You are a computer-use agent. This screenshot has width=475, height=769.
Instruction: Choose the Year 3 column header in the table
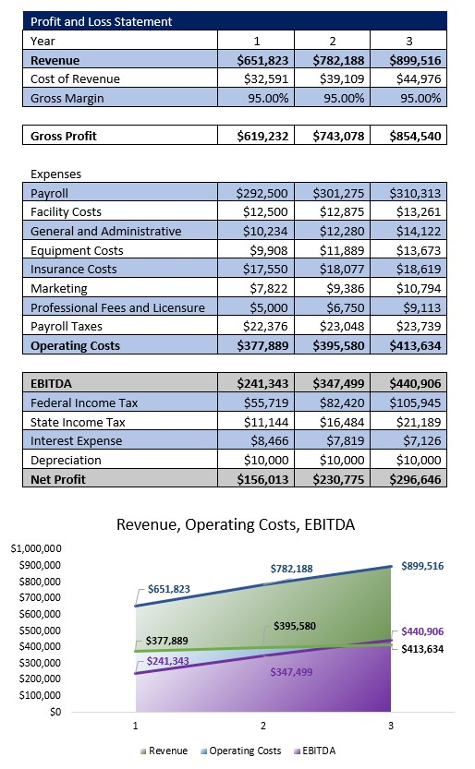click(408, 41)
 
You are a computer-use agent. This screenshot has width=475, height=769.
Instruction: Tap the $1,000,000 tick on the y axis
click(35, 548)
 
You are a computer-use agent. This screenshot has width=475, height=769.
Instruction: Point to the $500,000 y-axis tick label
click(38, 631)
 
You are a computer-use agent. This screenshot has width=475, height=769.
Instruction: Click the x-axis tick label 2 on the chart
click(262, 727)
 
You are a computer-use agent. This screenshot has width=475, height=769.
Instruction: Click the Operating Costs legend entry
click(242, 751)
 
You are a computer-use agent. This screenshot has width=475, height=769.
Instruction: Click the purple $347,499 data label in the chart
click(291, 672)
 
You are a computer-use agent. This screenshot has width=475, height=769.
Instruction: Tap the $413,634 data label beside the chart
click(422, 649)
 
